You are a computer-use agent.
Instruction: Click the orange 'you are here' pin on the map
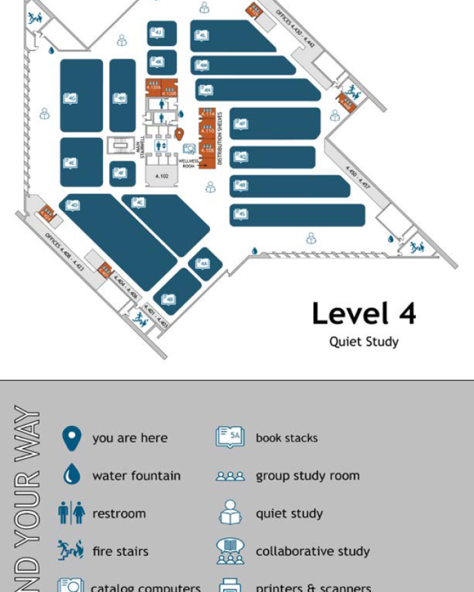[x=178, y=134]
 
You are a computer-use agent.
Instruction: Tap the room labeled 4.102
[x=162, y=176]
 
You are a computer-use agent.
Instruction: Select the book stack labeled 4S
[x=240, y=214]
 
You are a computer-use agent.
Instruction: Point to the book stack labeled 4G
[x=72, y=98]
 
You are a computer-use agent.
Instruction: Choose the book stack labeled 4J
[x=157, y=33]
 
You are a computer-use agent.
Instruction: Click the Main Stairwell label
[x=140, y=145]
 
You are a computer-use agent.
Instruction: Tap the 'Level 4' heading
[x=364, y=314]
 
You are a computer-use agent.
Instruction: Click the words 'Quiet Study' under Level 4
[x=364, y=342]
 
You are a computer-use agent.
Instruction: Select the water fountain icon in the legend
[x=72, y=475]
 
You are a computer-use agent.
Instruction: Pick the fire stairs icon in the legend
[x=71, y=551]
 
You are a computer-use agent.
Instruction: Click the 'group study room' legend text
[x=308, y=475]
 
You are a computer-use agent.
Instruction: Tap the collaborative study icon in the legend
[x=230, y=551]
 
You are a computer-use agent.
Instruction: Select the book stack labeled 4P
[x=240, y=124]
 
